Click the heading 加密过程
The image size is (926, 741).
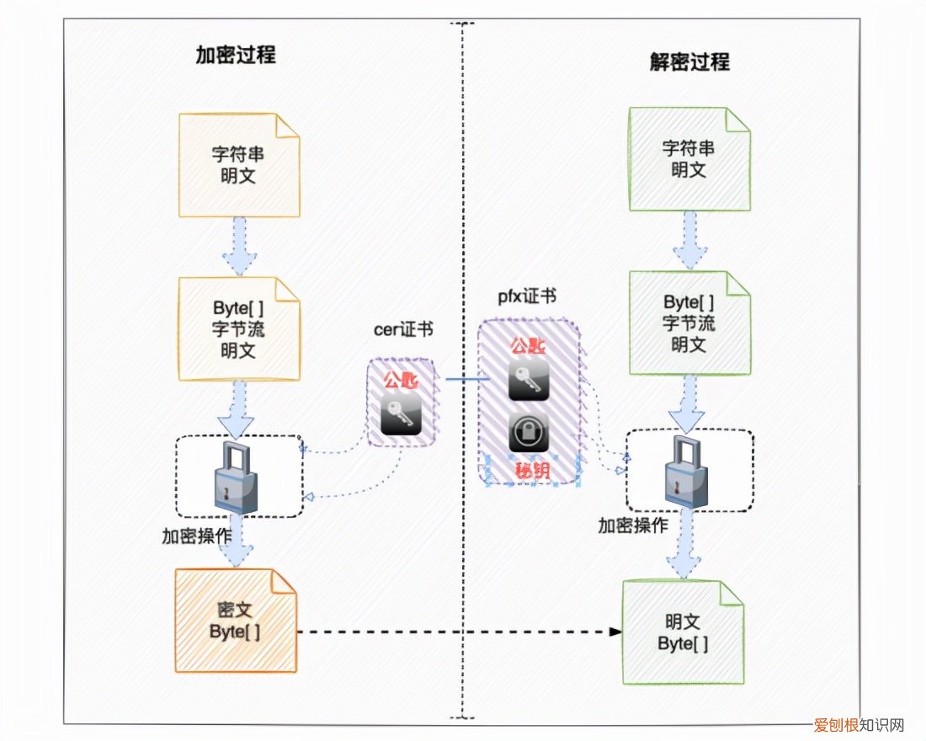236,56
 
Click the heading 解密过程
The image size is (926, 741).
689,61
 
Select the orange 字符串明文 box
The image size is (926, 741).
237,166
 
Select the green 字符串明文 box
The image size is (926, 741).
689,158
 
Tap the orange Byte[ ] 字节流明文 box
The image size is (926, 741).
237,329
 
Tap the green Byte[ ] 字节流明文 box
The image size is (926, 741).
689,323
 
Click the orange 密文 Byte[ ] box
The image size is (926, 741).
236,620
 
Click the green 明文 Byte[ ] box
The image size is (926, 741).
682,632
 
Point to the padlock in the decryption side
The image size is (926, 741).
687,472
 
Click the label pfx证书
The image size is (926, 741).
526,296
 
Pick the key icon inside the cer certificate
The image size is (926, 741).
402,414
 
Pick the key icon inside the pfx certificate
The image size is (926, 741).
530,380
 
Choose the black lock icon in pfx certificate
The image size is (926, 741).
530,432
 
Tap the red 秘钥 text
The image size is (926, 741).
530,470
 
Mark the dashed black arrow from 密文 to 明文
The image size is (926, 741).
455,632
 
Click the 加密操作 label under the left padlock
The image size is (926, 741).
197,536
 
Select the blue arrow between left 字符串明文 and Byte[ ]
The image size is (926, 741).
239,244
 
